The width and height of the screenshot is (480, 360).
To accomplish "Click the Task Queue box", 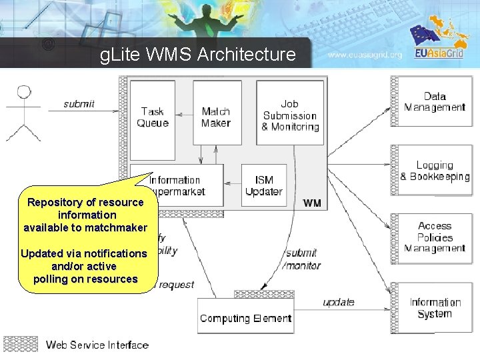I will (153, 113).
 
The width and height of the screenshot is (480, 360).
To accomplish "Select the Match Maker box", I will (217, 113).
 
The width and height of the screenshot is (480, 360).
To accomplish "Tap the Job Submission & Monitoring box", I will (290, 113).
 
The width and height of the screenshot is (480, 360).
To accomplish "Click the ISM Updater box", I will (264, 185).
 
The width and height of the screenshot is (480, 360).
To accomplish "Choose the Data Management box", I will (435, 102).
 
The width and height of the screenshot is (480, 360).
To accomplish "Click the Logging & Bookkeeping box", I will (435, 171).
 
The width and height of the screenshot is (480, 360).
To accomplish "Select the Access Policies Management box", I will (435, 237).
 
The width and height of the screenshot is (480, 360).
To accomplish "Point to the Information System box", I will (435, 308).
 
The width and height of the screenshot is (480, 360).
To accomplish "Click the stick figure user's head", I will (25, 91).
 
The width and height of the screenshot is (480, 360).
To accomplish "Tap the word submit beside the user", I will (79, 103).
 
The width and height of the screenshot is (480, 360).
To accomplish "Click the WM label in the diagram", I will (311, 202).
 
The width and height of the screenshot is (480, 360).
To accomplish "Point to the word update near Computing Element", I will (339, 302).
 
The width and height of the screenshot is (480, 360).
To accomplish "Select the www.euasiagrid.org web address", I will (365, 55).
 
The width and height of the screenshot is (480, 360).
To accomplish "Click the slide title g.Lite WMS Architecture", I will (197, 54).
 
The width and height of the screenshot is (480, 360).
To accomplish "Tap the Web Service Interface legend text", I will (97, 345).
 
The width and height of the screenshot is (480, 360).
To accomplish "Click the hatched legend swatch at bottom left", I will (21, 344).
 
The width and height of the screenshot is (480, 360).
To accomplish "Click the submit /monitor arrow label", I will (301, 258).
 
